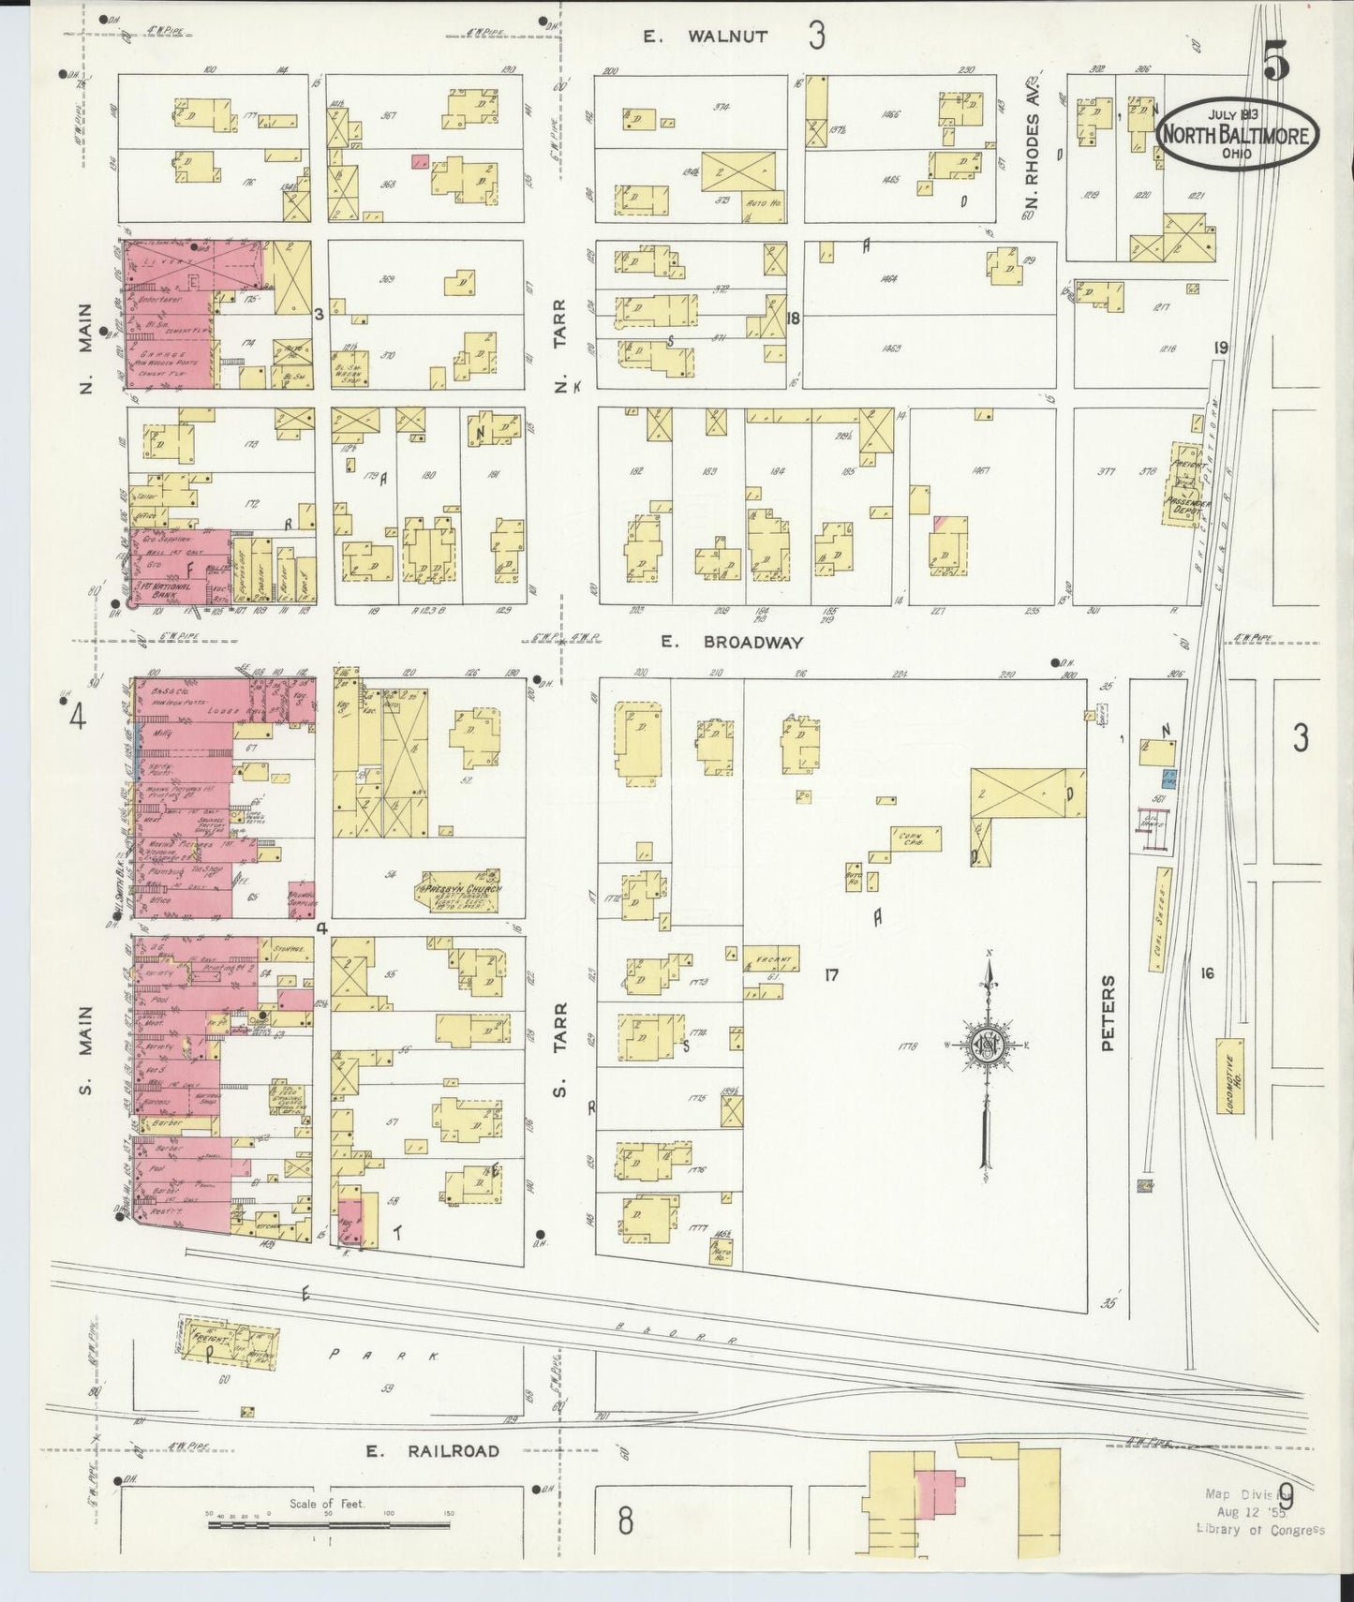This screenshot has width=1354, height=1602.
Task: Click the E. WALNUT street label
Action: (706, 37)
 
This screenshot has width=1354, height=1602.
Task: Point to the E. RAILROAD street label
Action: (432, 1451)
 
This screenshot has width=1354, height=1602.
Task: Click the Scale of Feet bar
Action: (328, 1526)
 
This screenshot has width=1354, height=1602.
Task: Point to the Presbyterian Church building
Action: (459, 895)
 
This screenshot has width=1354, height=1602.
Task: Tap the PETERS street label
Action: (1108, 1013)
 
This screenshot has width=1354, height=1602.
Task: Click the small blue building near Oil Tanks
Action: (1168, 777)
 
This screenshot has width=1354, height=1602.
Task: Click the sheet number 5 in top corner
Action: (1276, 64)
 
